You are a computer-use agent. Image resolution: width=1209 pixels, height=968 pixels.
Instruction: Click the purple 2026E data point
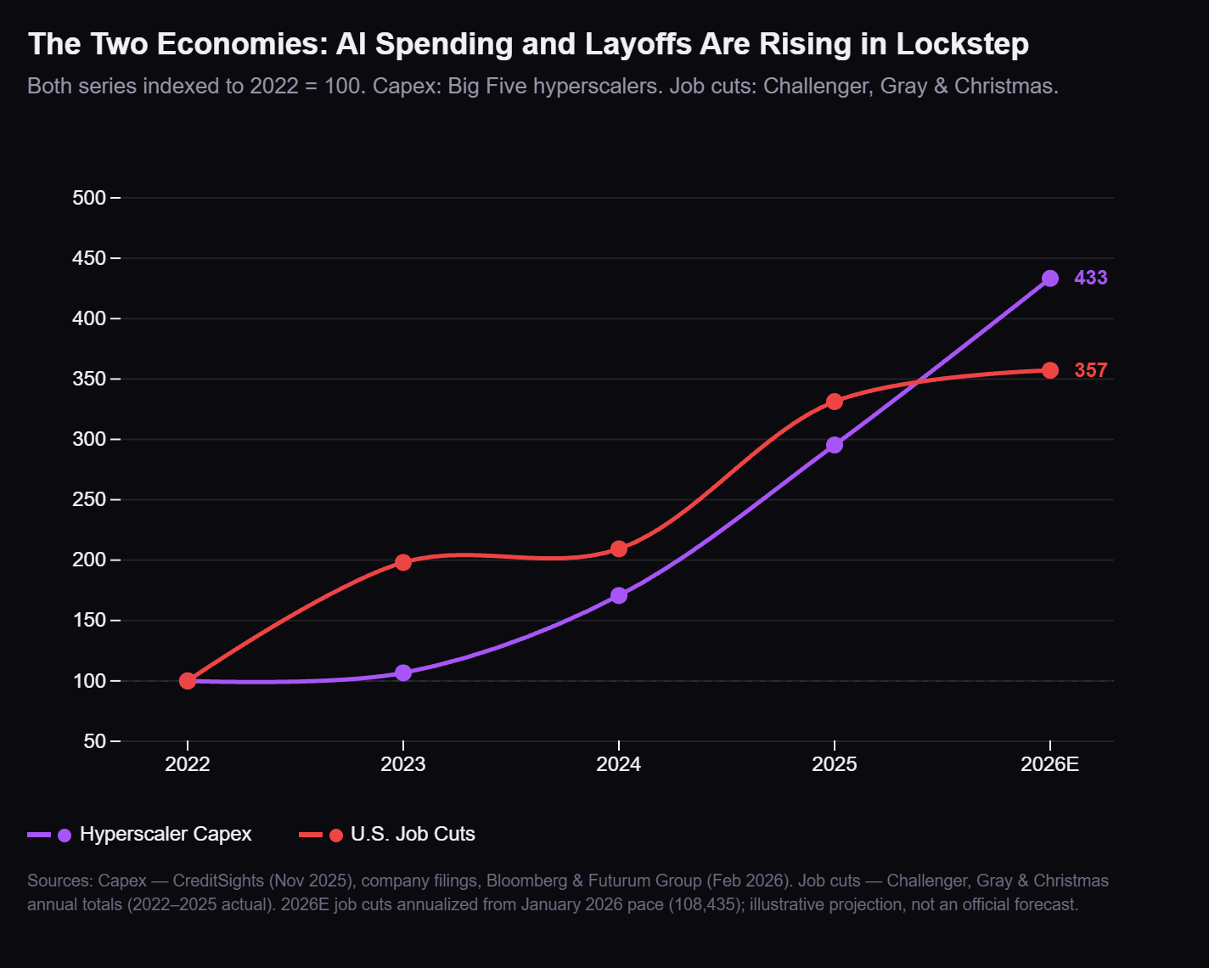pyautogui.click(x=1050, y=279)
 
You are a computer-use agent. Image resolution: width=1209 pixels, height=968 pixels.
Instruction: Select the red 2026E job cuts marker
pyautogui.click(x=1050, y=370)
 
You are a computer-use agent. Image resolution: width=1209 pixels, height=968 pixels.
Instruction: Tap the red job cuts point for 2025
pyautogui.click(x=835, y=402)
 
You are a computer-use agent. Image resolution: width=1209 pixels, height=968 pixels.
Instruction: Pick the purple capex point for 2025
pyautogui.click(x=835, y=445)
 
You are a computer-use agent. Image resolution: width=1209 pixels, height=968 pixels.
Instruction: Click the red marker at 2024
pyautogui.click(x=619, y=549)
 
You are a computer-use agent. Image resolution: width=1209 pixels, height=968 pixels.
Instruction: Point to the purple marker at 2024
pyautogui.click(x=619, y=595)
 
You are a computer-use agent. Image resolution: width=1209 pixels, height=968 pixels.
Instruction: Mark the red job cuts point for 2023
pyautogui.click(x=403, y=562)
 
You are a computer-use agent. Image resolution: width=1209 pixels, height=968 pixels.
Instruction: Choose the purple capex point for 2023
pyautogui.click(x=403, y=673)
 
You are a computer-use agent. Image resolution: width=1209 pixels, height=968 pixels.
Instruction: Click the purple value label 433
pyautogui.click(x=1090, y=279)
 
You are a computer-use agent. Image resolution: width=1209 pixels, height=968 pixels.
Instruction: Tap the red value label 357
pyautogui.click(x=1090, y=370)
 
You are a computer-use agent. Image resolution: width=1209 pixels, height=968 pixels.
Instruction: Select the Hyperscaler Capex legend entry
pyautogui.click(x=165, y=834)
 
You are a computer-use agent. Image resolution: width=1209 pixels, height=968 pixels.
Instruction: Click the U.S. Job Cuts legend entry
pyautogui.click(x=412, y=834)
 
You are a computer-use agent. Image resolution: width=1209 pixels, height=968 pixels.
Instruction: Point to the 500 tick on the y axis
pyautogui.click(x=89, y=198)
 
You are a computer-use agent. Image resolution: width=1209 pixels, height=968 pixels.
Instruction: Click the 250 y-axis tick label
pyautogui.click(x=89, y=499)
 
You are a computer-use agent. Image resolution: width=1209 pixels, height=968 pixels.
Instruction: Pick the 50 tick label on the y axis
pyautogui.click(x=95, y=741)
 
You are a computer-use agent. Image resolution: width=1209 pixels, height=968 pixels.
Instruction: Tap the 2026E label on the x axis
pyautogui.click(x=1050, y=764)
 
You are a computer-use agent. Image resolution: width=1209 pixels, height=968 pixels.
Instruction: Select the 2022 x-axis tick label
pyautogui.click(x=188, y=764)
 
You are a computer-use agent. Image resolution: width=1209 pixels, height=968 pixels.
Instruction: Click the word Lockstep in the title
pyautogui.click(x=962, y=44)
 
